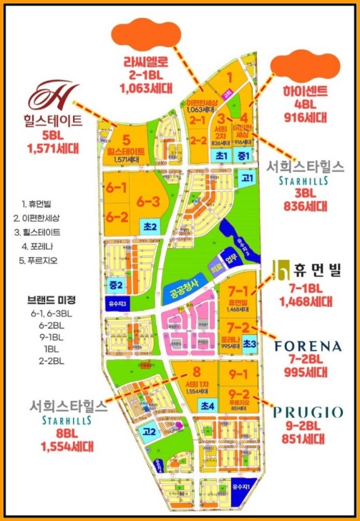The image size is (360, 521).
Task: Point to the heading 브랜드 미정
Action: point(49,299)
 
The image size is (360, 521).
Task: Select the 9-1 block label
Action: point(238,374)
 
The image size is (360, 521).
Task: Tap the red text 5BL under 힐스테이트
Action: point(52,135)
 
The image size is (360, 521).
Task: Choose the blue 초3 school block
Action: point(250,344)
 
